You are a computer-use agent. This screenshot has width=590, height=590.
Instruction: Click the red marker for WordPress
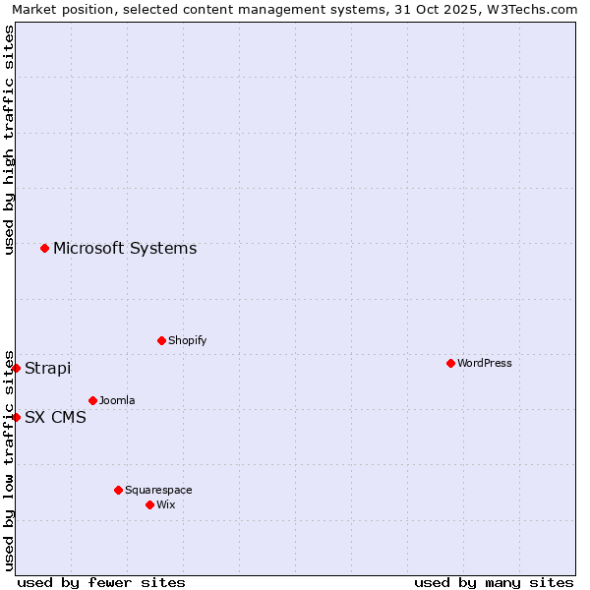click(x=450, y=363)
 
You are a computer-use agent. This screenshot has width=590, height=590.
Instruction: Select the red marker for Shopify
click(x=161, y=340)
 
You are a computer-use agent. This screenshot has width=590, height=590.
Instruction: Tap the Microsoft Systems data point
click(x=44, y=248)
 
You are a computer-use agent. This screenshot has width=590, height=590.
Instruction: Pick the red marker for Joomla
click(x=92, y=400)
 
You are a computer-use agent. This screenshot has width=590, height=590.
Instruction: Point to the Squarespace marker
click(x=118, y=490)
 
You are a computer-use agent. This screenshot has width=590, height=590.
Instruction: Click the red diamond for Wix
click(x=149, y=504)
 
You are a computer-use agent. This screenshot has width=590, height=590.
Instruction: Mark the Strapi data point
click(x=16, y=368)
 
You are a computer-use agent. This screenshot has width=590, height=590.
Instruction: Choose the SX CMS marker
click(x=16, y=417)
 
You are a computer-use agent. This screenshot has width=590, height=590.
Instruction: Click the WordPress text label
click(x=485, y=363)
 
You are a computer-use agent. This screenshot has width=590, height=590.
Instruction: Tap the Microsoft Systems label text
click(x=125, y=248)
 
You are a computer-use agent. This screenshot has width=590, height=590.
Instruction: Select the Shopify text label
click(x=187, y=340)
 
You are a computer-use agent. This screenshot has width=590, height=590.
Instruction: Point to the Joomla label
click(x=117, y=400)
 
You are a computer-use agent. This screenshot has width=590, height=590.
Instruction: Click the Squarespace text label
click(x=158, y=490)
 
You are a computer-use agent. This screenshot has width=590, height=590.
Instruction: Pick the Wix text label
click(x=165, y=504)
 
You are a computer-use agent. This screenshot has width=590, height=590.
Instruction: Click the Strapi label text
click(x=47, y=368)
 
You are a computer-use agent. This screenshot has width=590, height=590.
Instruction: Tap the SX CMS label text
click(x=55, y=417)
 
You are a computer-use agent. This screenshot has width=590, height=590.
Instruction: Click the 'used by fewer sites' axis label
click(x=101, y=582)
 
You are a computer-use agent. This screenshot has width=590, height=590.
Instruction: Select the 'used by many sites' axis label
click(x=494, y=582)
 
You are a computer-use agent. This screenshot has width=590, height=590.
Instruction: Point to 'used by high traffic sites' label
click(x=9, y=140)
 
